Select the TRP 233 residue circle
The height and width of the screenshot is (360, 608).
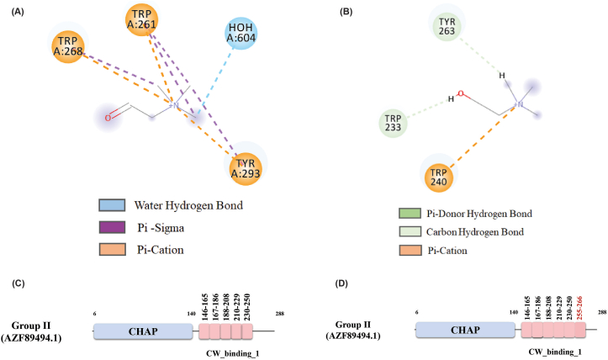coord(391,123)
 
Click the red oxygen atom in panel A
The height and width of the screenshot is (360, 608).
coord(108,118)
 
